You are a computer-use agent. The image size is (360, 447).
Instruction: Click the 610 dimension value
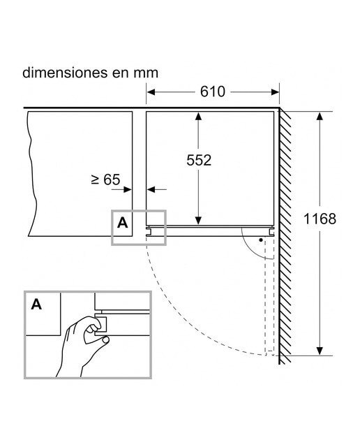click(213, 91)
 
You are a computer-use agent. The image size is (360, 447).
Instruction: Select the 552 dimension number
click(199, 160)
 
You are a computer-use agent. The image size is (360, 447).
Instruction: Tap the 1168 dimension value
click(320, 219)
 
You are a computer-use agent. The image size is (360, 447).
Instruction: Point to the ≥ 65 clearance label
click(105, 179)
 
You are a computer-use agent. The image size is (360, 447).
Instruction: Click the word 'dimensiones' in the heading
click(65, 73)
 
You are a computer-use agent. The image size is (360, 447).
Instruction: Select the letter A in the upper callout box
click(123, 223)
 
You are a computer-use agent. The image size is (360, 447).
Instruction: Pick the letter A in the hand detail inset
click(36, 305)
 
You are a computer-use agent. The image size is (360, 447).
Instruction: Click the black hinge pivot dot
click(261, 240)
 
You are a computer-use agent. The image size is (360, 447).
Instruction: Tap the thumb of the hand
click(103, 339)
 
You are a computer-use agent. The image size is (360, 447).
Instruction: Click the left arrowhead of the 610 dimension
click(151, 92)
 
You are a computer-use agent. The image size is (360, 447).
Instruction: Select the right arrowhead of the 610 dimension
click(275, 92)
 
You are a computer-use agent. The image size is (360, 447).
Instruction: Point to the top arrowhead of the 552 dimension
click(199, 116)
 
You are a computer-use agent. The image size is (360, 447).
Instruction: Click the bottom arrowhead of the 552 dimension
click(199, 221)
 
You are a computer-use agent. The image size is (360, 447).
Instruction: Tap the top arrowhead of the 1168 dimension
click(320, 117)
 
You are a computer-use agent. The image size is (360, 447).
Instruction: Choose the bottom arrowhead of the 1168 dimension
click(320, 351)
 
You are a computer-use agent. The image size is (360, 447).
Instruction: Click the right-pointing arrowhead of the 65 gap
click(128, 189)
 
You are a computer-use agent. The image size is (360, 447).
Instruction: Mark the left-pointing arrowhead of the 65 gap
click(151, 189)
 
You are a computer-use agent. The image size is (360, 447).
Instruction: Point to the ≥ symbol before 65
click(95, 179)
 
